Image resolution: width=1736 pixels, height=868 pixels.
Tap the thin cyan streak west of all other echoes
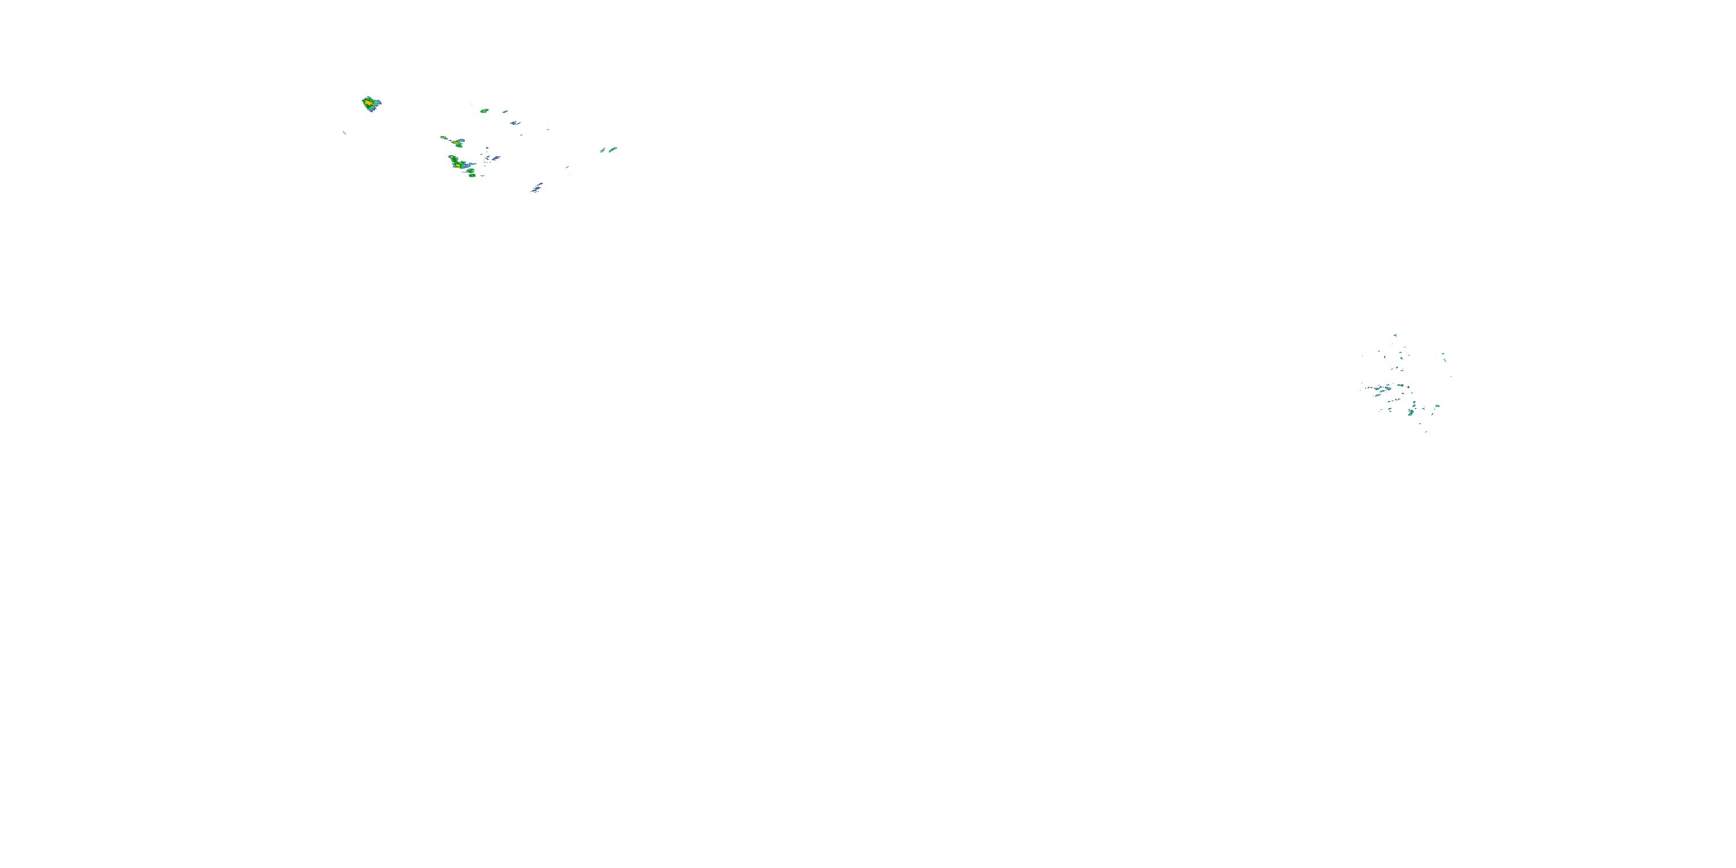pos(344,132)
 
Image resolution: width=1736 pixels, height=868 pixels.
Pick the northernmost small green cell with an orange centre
pos(484,111)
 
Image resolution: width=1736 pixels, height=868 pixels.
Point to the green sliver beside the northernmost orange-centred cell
pos(504,111)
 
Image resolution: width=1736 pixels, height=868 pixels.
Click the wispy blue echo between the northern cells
pos(515,123)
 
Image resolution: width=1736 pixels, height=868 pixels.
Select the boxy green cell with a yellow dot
pos(472,175)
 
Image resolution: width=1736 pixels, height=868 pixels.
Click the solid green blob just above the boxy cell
pos(470,171)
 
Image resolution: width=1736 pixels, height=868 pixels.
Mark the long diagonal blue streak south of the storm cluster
pos(536,187)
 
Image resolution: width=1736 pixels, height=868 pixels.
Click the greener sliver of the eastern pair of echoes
pos(613,150)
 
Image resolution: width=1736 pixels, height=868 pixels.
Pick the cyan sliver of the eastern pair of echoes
pos(602,151)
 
